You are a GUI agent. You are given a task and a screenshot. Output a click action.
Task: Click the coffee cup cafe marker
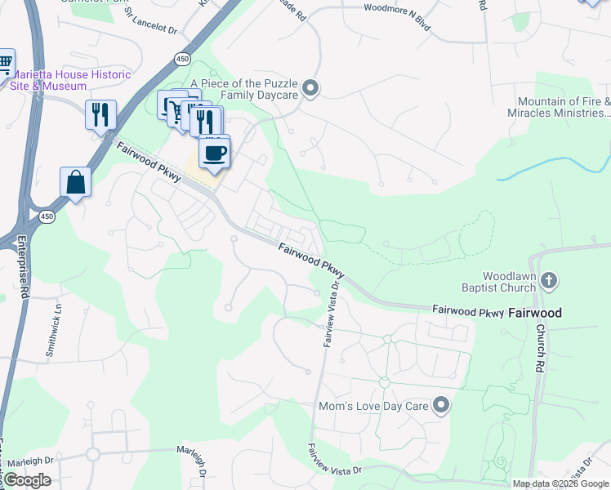click(x=214, y=152)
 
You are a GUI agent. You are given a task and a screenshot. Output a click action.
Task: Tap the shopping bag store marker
click(x=75, y=182)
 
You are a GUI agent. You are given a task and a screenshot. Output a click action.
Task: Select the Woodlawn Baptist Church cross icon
click(x=549, y=282)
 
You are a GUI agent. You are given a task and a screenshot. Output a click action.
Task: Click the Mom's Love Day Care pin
click(x=441, y=405)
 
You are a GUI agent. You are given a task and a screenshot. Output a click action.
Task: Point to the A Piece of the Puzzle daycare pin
click(x=310, y=88)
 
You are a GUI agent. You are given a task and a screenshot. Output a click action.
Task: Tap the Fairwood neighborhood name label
click(x=535, y=313)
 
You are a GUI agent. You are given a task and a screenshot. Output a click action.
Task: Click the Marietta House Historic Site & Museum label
click(x=69, y=80)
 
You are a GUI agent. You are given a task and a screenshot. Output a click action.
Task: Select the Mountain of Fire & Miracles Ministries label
click(x=564, y=107)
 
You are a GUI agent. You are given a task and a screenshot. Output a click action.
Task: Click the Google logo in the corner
click(x=26, y=480)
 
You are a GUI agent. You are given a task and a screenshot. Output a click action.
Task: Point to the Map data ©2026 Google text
click(x=560, y=483)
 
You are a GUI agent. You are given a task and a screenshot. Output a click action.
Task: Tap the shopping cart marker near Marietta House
click(x=4, y=63)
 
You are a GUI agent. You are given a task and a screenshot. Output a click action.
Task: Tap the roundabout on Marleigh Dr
click(x=92, y=454)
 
